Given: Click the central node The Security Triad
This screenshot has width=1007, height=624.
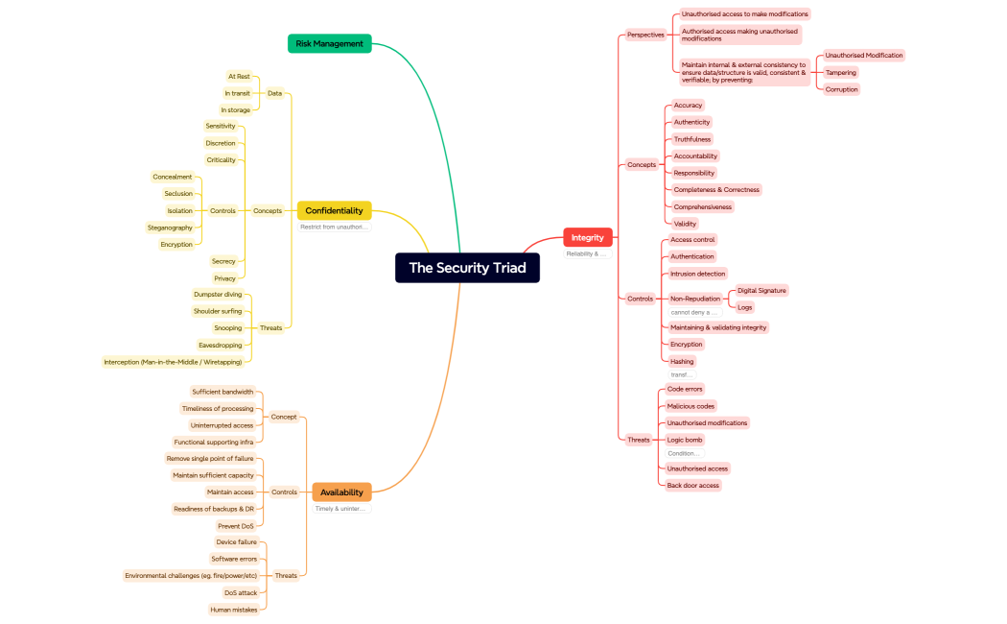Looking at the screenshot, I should [x=467, y=268].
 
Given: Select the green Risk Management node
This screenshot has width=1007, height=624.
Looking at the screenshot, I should [x=329, y=43].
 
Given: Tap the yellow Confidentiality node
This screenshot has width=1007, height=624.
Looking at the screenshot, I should [x=334, y=210].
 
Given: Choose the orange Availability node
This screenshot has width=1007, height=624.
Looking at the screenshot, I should [x=341, y=492].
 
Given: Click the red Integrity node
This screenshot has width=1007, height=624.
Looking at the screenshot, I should [x=587, y=237].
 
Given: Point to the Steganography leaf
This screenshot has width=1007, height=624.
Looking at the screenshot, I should [x=170, y=228].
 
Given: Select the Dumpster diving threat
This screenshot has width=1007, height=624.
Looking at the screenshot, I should [x=218, y=295].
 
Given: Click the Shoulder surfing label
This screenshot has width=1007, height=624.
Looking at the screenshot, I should [x=218, y=311].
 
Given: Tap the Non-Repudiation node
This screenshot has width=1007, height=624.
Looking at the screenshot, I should [x=695, y=299].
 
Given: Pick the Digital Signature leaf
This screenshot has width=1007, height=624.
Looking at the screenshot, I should [x=761, y=290].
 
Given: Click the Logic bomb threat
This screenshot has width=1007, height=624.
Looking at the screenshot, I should [x=685, y=440].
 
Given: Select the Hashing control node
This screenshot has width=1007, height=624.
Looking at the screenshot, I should [x=682, y=362].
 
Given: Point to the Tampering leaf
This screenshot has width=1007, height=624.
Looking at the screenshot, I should [x=841, y=72].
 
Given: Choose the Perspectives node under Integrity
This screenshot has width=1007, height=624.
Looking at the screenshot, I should [x=645, y=35].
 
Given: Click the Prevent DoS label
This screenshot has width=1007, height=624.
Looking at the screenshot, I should [x=236, y=526].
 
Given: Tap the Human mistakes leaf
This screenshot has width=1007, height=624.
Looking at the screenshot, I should [x=234, y=610].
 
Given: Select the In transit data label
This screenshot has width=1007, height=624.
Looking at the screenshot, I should [x=237, y=93].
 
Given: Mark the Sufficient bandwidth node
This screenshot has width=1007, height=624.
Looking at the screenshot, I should [x=222, y=392].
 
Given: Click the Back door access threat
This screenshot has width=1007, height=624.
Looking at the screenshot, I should [x=692, y=485].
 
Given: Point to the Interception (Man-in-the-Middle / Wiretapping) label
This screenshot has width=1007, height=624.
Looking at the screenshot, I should [x=173, y=362].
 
